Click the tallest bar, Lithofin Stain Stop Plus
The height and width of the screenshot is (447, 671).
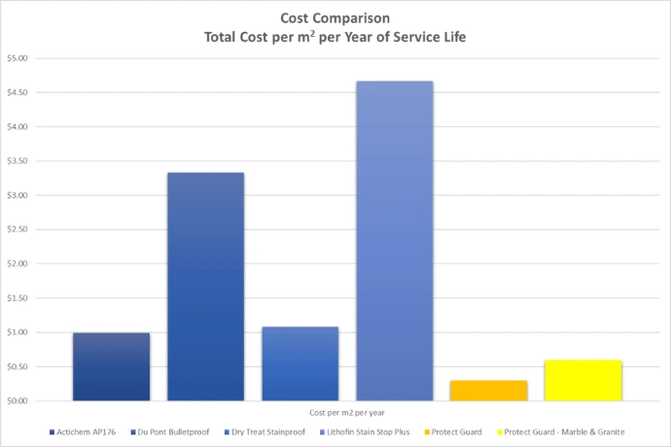(x=395, y=241)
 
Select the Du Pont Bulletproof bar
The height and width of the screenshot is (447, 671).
(x=206, y=287)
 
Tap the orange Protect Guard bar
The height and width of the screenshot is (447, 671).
(x=489, y=391)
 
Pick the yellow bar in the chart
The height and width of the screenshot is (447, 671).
(x=583, y=380)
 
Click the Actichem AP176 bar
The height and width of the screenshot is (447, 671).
(x=111, y=366)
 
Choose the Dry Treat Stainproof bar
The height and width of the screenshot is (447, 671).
(x=300, y=363)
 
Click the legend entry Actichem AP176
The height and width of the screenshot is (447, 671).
(x=83, y=432)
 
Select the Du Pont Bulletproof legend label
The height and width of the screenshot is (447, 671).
(x=170, y=432)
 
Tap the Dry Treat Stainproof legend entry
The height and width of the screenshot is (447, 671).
(x=265, y=432)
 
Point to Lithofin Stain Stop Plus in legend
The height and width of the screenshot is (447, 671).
(x=365, y=432)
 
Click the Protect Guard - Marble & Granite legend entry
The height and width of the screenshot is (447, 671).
(x=560, y=432)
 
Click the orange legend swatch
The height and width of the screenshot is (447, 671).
(x=427, y=432)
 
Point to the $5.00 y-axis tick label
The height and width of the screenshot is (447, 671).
(x=18, y=58)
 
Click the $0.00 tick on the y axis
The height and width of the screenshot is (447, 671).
(x=18, y=400)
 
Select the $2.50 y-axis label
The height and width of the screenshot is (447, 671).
(x=18, y=229)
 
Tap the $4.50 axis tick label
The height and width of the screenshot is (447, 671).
(x=18, y=92)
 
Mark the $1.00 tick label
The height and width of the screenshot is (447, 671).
(x=18, y=332)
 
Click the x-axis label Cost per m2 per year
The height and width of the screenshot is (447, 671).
(x=347, y=413)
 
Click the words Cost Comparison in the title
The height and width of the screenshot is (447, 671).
(x=335, y=17)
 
